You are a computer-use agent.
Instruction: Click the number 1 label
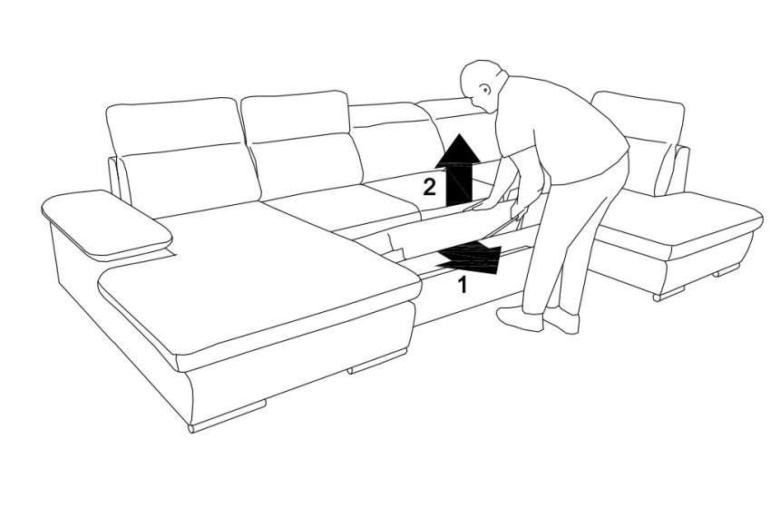click(463, 285)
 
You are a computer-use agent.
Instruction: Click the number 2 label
click(429, 187)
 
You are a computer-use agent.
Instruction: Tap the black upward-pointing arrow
click(458, 171)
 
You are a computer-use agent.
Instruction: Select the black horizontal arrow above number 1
click(469, 258)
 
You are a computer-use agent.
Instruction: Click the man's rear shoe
click(561, 320)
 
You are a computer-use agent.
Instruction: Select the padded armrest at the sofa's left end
click(106, 223)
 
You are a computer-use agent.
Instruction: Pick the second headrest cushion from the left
click(295, 116)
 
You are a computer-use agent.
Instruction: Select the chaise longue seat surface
click(258, 278)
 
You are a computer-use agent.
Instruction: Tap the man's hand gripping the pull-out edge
click(480, 204)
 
